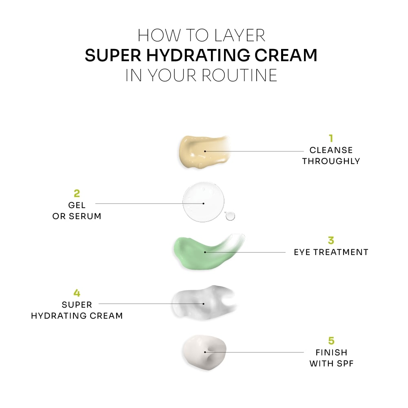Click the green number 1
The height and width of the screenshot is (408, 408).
(331, 138)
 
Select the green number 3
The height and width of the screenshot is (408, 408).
(331, 240)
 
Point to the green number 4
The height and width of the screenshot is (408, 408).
(77, 293)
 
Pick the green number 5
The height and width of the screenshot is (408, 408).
(331, 341)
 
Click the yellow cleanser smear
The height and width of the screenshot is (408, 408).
(202, 151)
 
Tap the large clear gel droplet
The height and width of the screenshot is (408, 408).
(203, 203)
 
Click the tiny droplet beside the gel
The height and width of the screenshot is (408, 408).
(231, 216)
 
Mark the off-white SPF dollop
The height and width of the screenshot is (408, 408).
(204, 352)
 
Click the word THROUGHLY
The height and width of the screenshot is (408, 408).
(331, 161)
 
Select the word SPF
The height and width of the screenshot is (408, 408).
(344, 363)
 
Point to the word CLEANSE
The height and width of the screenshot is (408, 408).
(331, 151)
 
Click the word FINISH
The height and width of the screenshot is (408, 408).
(331, 352)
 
